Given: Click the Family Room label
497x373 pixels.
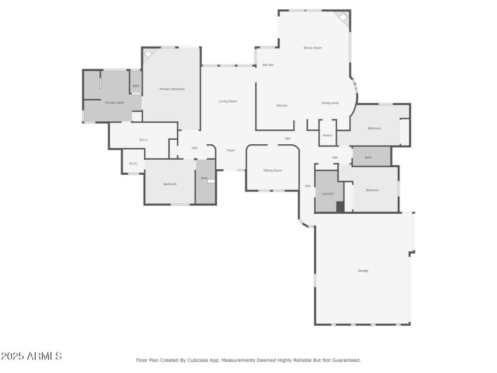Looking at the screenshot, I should pos(312,48).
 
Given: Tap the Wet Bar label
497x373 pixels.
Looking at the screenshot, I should pos(268,65).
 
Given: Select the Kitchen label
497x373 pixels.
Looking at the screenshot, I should pos(281,106).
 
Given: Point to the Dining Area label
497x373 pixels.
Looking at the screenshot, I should pos(330,103).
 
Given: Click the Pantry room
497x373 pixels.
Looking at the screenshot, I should pos(327,136).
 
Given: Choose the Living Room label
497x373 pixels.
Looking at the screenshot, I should pos(228,101).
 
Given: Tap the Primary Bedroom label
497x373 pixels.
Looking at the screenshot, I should pos(172,90).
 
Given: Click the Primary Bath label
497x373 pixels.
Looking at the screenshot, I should pos(114,103).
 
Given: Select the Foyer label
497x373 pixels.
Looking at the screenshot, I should pos(230,150).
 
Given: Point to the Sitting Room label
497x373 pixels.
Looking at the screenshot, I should pos(273,170).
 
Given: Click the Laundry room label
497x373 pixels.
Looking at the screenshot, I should pos(327,194).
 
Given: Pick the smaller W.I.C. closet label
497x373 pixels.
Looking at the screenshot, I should pos(134,163).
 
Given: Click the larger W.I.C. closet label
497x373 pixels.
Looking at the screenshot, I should pos(143,140).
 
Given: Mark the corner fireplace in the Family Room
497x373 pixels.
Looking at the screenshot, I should pos(342,19).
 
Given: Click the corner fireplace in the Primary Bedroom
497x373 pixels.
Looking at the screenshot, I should pos(148,55).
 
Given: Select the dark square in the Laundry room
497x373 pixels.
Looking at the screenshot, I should pos(340,207).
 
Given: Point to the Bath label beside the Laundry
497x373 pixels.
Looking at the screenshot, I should pos(368,158).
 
